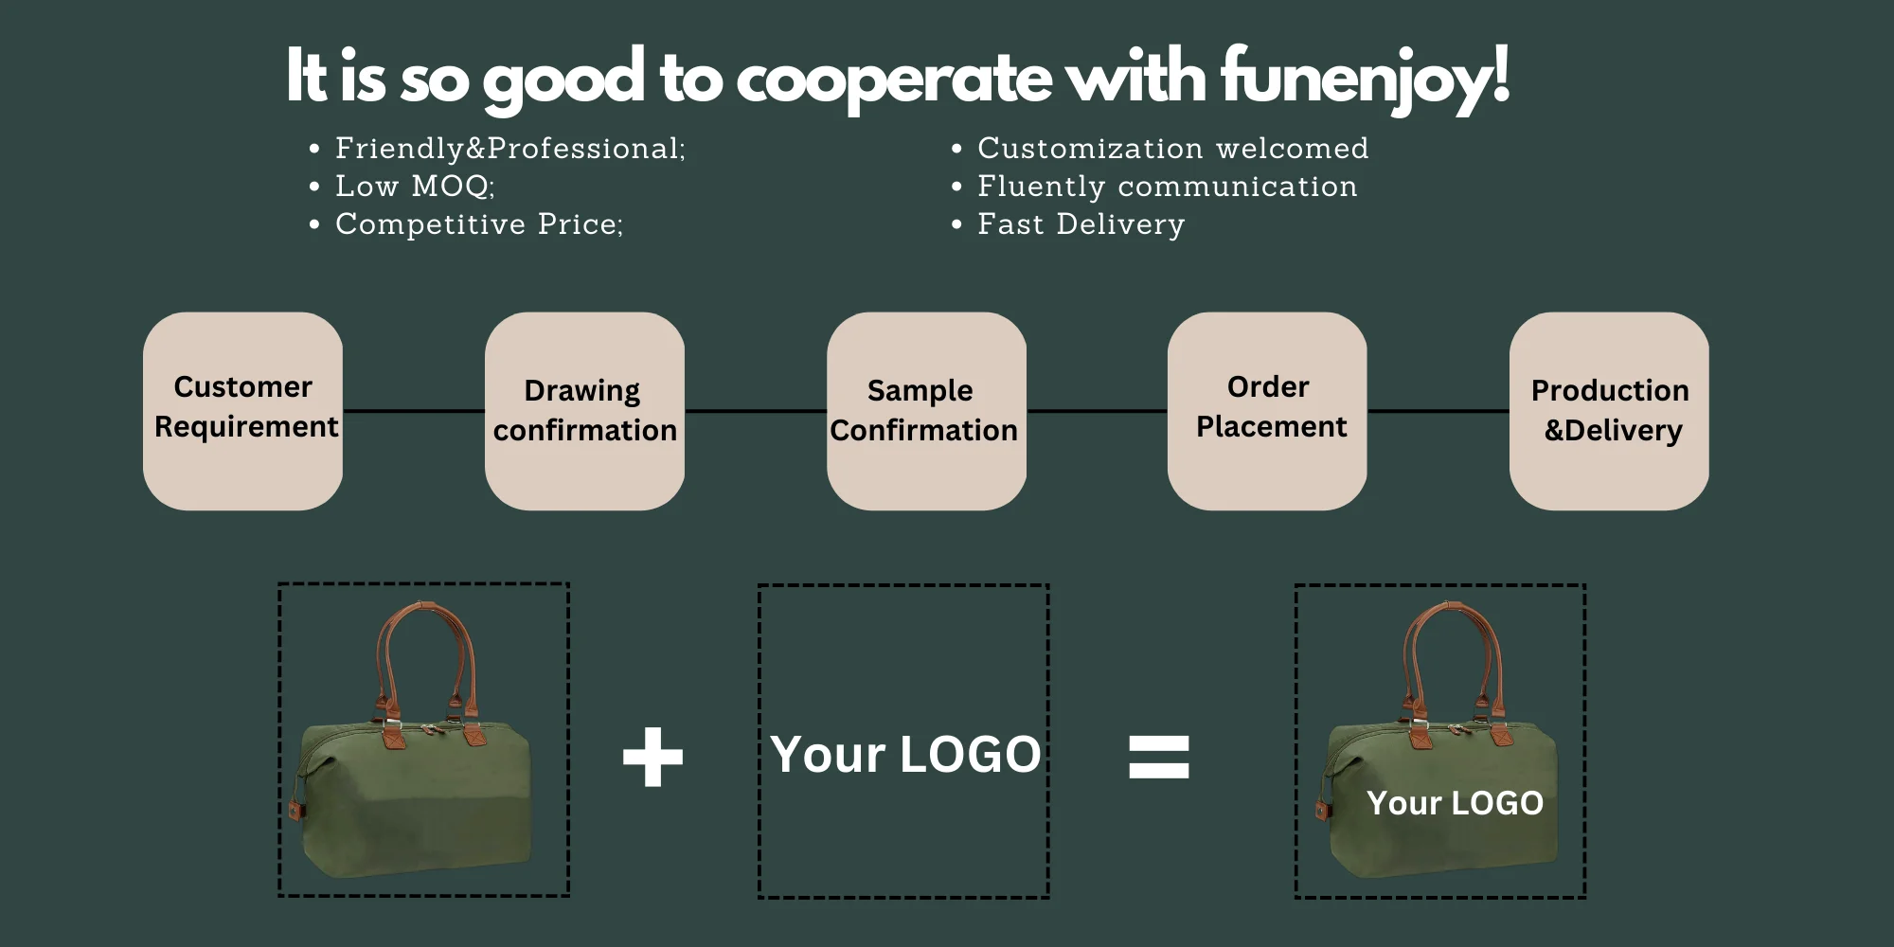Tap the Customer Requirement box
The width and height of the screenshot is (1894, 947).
pos(243,410)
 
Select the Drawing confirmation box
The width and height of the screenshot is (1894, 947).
pos(584,410)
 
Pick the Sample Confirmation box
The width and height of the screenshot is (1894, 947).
pos(925,410)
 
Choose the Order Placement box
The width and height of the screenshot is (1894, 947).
pos(1267,410)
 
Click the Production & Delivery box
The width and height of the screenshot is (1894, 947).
pos(1609,410)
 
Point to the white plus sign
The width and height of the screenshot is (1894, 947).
pos(652,757)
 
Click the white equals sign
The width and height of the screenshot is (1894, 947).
pos(1158,757)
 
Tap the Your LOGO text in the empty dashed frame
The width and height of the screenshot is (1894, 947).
pos(905,755)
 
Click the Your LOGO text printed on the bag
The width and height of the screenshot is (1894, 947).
pos(1455,803)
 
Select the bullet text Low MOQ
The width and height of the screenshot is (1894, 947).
pos(415,187)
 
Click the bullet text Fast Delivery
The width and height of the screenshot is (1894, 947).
pos(1081,224)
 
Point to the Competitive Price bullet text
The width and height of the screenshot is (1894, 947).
pos(479,224)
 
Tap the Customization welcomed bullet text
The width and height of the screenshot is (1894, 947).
pos(1172,149)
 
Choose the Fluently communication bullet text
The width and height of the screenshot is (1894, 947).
pos(1167,187)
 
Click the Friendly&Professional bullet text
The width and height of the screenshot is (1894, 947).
pos(509,149)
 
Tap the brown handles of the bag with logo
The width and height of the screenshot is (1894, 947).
pos(1410,653)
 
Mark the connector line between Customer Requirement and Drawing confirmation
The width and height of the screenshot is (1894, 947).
pos(414,411)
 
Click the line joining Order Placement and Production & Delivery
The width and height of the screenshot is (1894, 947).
pos(1438,411)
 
